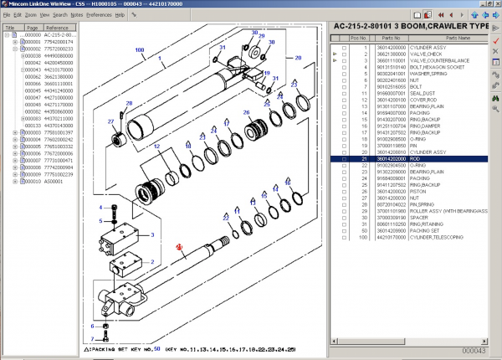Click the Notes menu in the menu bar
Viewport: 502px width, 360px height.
click(76, 15)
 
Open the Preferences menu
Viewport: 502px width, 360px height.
click(99, 15)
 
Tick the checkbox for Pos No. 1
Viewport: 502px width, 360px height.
click(343, 48)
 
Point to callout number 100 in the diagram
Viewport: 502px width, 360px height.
click(139, 50)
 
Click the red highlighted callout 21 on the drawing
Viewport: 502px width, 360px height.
click(178, 247)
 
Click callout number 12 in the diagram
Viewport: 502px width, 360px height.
click(156, 147)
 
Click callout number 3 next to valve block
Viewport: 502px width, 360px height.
click(151, 236)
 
